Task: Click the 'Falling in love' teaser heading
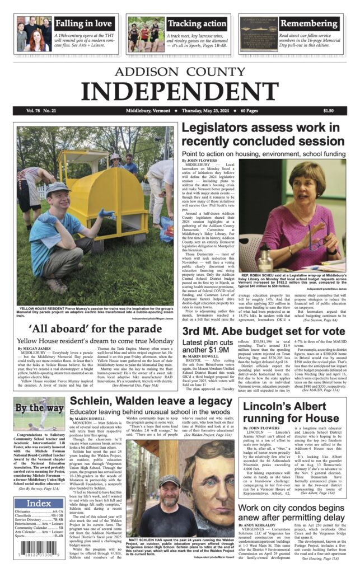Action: pos(83,24)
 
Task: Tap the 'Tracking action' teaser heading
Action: pos(197,24)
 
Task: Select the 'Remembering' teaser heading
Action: pos(308,24)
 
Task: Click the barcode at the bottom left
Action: pos(39,556)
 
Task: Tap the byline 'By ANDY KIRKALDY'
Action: pos(260,525)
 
